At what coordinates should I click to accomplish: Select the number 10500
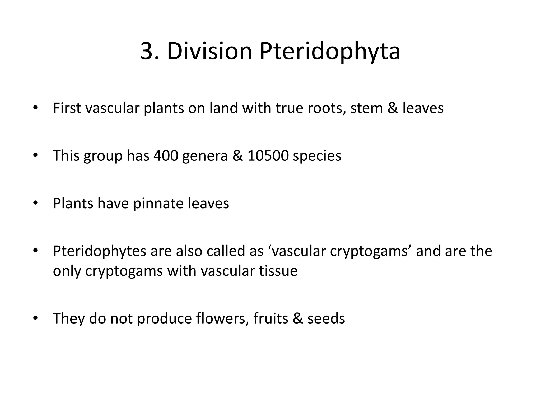(268, 156)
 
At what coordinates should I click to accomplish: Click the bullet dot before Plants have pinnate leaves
(35, 203)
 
